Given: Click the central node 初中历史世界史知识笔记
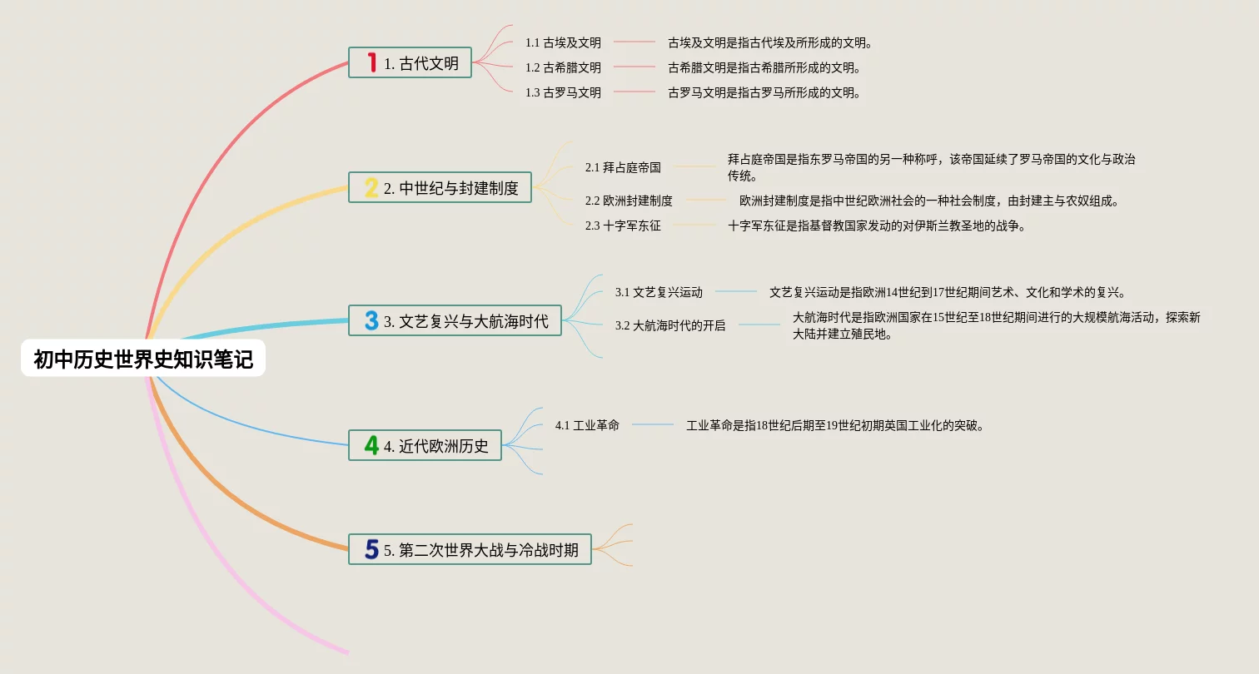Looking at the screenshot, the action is pyautogui.click(x=143, y=359).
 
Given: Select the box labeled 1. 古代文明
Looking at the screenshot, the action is pyautogui.click(x=411, y=63).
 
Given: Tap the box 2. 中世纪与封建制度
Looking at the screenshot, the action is pyautogui.click(x=440, y=188).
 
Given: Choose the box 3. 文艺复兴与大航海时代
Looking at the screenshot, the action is pyautogui.click(x=455, y=321).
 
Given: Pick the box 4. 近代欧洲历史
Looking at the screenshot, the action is pyautogui.click(x=425, y=446).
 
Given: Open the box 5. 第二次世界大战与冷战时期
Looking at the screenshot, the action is pyautogui.click(x=470, y=550).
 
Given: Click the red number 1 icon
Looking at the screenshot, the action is pyautogui.click(x=372, y=62).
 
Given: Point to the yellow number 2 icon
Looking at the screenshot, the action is pyautogui.click(x=371, y=187).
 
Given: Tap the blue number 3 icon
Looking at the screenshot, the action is pyautogui.click(x=371, y=320).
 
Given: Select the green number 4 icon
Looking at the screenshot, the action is pyautogui.click(x=371, y=445).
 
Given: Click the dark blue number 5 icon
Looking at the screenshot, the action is pyautogui.click(x=371, y=549).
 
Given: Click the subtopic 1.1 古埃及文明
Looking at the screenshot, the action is pyautogui.click(x=563, y=42).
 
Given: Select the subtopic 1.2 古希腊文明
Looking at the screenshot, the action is pyautogui.click(x=563, y=67).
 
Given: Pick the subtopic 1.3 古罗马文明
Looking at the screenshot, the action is pyautogui.click(x=563, y=92).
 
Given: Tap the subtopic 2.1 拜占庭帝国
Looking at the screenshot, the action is pyautogui.click(x=623, y=167).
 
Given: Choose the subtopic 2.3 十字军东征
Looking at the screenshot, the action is pyautogui.click(x=623, y=225).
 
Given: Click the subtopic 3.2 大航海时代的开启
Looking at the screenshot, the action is pyautogui.click(x=670, y=325).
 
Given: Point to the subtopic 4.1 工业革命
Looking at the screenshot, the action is pyautogui.click(x=587, y=425).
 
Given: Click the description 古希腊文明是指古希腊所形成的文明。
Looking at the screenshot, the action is pyautogui.click(x=764, y=67).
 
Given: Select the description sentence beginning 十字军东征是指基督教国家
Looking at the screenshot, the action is pyautogui.click(x=877, y=225).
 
